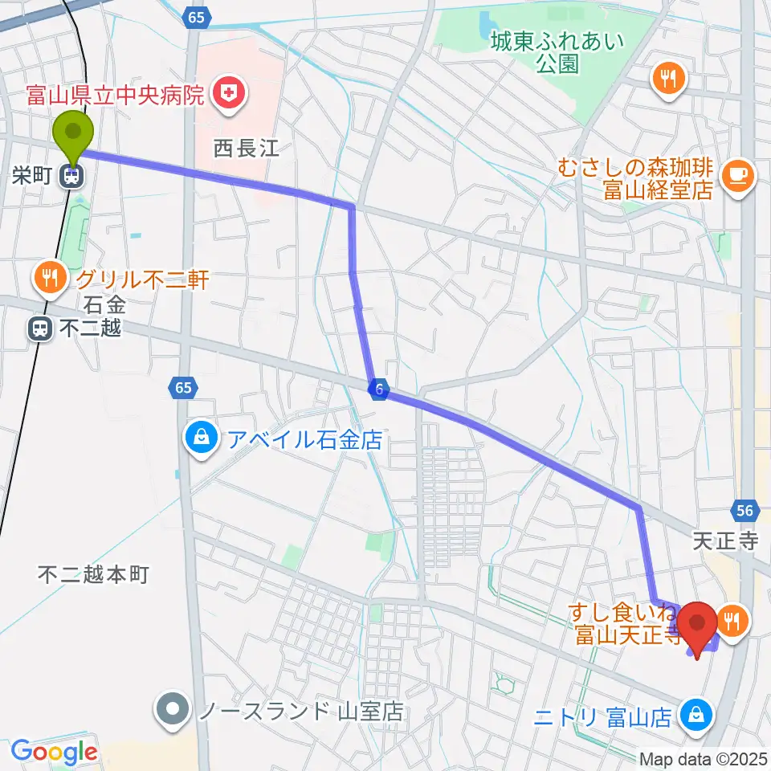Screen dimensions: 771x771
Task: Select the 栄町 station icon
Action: [x=73, y=176]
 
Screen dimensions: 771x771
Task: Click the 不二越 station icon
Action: [x=39, y=328]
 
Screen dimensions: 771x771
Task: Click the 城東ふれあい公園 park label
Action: [x=557, y=52]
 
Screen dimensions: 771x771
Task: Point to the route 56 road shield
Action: [x=744, y=511]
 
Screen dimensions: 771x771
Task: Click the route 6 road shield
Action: [x=378, y=390]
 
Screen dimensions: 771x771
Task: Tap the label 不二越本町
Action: [x=94, y=573]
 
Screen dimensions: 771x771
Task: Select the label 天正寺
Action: [x=726, y=541]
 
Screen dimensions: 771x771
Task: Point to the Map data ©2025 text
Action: [x=702, y=758]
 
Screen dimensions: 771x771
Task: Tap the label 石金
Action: [x=105, y=304]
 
